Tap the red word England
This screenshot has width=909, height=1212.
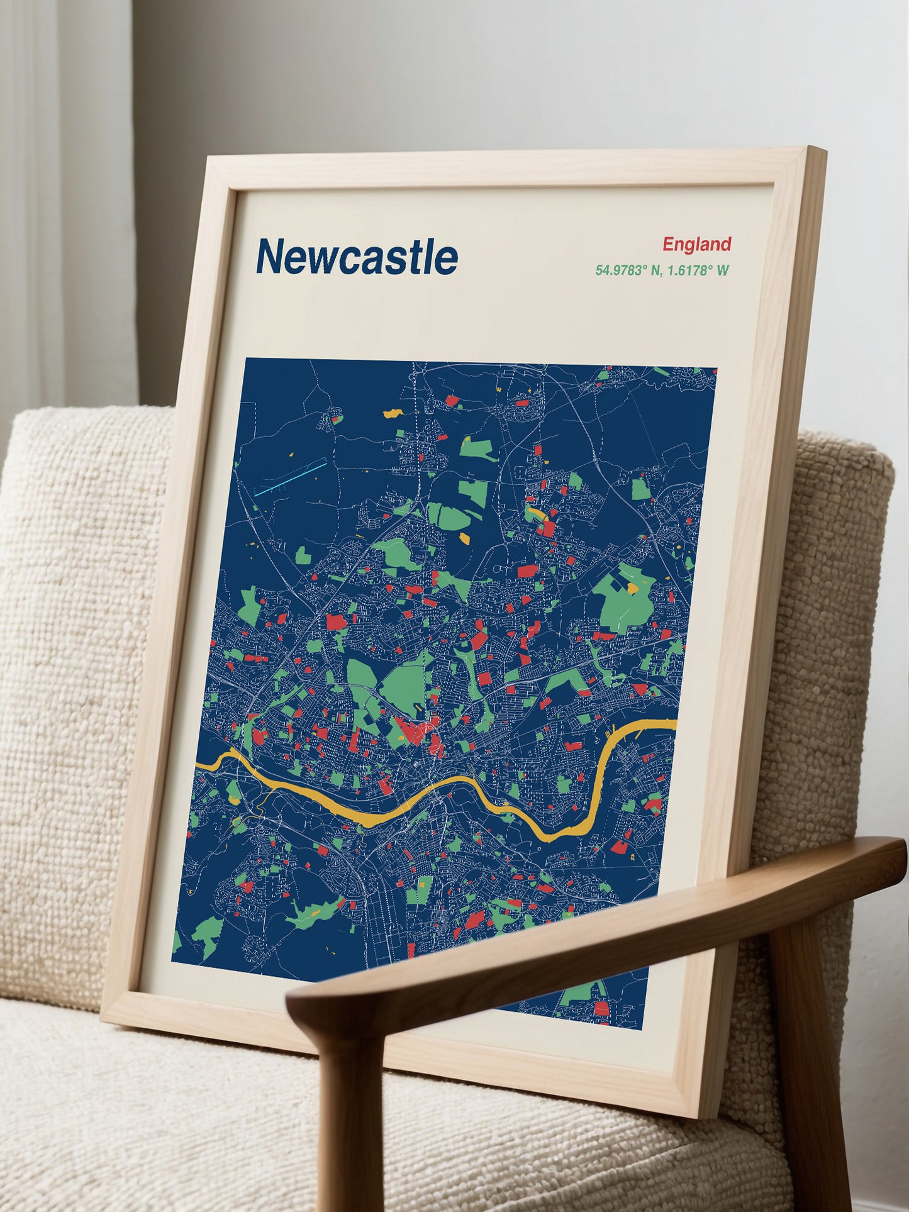(x=696, y=244)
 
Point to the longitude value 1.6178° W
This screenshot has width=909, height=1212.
(x=698, y=270)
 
